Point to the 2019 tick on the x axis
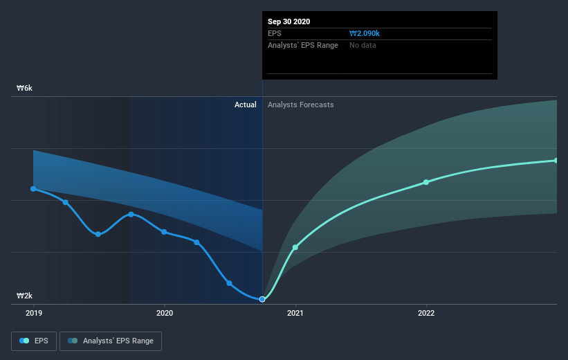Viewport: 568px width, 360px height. (x=33, y=313)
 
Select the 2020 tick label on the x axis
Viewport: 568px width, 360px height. (x=165, y=313)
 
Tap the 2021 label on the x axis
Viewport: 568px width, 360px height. (x=295, y=313)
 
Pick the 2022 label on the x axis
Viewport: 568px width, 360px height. (x=426, y=313)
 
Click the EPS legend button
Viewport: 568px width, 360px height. (x=34, y=341)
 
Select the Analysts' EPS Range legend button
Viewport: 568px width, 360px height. (x=111, y=341)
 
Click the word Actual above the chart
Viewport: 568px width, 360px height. (x=245, y=105)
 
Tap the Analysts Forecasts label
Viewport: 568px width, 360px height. (x=300, y=105)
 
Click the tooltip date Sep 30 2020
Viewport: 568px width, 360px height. (x=289, y=21)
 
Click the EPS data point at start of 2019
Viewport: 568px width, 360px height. (x=33, y=188)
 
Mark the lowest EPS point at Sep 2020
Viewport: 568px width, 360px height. (x=262, y=299)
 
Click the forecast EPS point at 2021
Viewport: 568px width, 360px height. (x=295, y=247)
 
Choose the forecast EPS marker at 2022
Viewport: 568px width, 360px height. (x=426, y=182)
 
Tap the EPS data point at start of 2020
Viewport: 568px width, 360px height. (x=165, y=232)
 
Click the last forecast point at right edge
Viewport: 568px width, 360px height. (x=556, y=161)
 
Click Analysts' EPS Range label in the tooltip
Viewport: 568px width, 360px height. (x=303, y=45)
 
